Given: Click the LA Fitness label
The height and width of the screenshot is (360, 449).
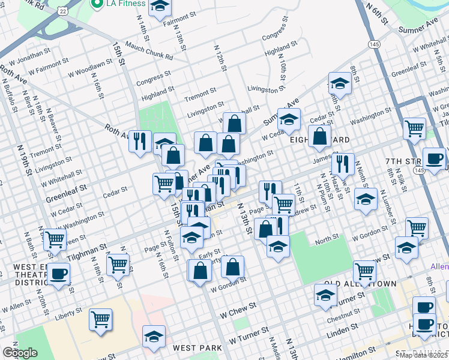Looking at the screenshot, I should [x=125, y=4].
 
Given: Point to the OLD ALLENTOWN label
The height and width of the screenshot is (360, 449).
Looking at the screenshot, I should [x=360, y=283].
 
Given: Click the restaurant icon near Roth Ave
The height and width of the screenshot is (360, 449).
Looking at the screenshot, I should [x=139, y=142].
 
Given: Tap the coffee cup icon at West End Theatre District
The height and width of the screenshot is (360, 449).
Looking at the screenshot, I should [x=59, y=274].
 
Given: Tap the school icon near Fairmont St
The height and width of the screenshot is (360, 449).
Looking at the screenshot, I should [x=159, y=7].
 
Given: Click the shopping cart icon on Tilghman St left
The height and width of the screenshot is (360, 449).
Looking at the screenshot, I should [x=55, y=240].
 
